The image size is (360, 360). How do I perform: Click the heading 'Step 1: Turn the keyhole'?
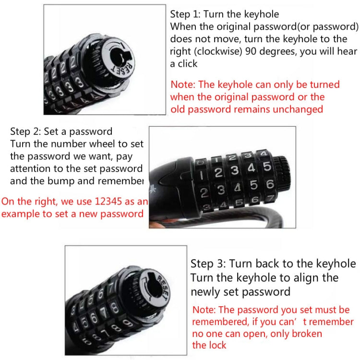tap(225, 14)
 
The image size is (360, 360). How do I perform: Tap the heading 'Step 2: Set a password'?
tap(61, 132)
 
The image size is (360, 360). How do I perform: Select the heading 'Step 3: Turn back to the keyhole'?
tap(273, 264)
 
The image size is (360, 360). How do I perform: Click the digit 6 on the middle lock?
tap(270, 184)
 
